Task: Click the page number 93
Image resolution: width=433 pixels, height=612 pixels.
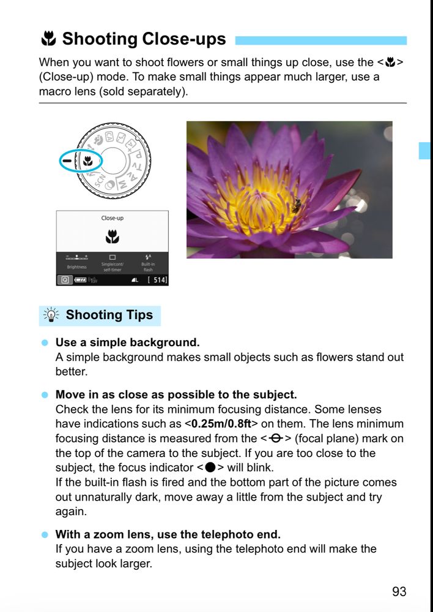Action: (x=399, y=591)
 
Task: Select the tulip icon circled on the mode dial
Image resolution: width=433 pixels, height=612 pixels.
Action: (x=87, y=162)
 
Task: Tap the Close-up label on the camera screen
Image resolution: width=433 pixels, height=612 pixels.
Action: (x=112, y=218)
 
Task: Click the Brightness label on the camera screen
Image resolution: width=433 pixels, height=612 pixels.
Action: (x=77, y=267)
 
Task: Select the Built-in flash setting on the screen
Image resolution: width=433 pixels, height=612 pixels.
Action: (x=148, y=264)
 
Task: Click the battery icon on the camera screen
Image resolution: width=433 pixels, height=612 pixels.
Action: (x=81, y=280)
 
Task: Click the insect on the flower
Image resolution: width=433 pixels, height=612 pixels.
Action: (x=297, y=206)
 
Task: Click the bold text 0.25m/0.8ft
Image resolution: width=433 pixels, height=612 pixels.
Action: (x=221, y=423)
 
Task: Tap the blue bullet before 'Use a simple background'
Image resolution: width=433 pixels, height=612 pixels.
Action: (x=44, y=342)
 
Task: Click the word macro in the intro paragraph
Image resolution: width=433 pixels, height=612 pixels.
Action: (x=52, y=92)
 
